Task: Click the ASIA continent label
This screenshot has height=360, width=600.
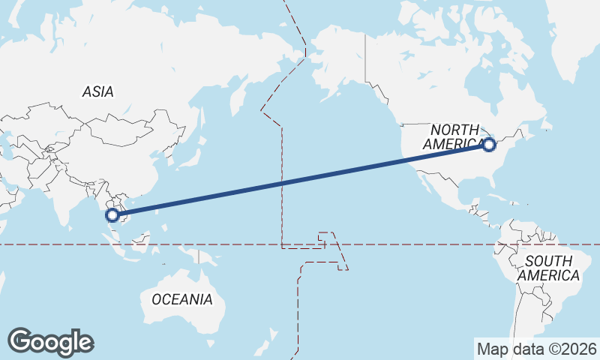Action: pyautogui.click(x=98, y=91)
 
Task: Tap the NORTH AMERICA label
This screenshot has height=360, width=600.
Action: pyautogui.click(x=454, y=136)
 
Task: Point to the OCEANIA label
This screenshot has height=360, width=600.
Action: pyautogui.click(x=182, y=299)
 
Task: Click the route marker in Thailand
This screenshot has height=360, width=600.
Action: pyautogui.click(x=112, y=215)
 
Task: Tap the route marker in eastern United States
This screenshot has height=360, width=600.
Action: pyautogui.click(x=489, y=145)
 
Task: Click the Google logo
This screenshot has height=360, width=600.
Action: pyautogui.click(x=50, y=342)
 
